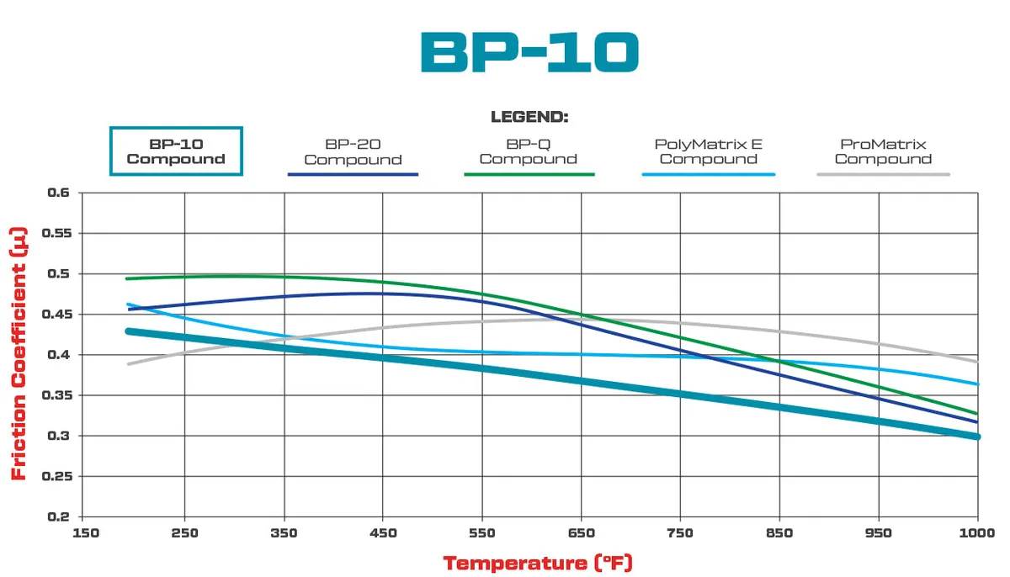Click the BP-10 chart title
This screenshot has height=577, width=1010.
click(x=529, y=52)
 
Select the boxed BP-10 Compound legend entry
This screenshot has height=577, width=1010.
click(x=176, y=151)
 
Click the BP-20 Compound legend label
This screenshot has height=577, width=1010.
click(x=353, y=151)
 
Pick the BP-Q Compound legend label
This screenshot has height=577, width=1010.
click(x=529, y=151)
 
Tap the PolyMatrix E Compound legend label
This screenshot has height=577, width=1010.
click(x=708, y=151)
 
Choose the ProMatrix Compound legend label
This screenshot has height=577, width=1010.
click(x=883, y=151)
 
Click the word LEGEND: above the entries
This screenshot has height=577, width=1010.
click(x=529, y=117)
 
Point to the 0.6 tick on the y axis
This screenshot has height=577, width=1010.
click(x=60, y=193)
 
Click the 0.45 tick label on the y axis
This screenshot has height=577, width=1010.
click(x=56, y=315)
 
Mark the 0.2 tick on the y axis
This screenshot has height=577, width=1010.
click(x=60, y=516)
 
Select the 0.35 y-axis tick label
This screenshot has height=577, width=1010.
click(x=56, y=395)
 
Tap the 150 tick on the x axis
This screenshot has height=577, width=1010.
click(x=85, y=533)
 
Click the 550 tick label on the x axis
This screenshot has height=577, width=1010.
click(x=482, y=533)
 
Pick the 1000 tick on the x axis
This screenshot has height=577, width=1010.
click(x=977, y=533)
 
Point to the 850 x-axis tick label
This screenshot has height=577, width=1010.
click(x=780, y=533)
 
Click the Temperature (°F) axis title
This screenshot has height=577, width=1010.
click(x=538, y=562)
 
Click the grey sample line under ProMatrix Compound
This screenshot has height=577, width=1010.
click(x=883, y=174)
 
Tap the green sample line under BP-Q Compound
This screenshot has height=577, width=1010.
click(x=529, y=174)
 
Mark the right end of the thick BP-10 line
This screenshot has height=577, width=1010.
click(x=976, y=436)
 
